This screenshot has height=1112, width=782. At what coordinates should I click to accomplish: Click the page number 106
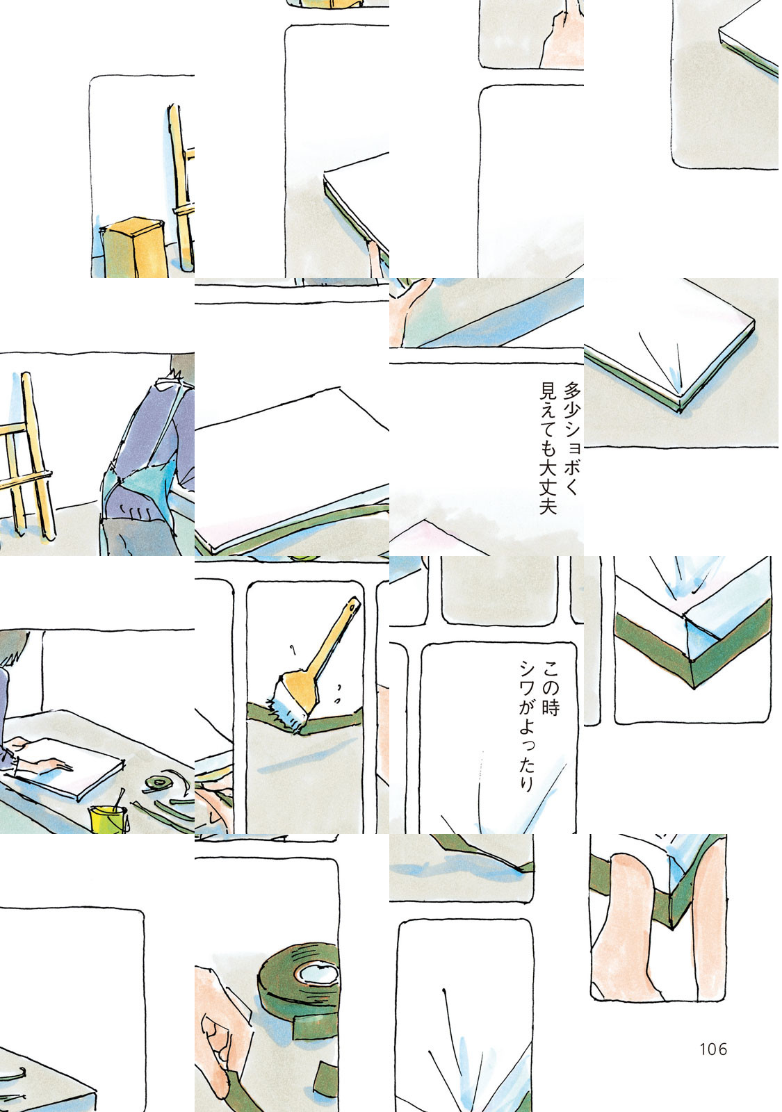(713, 1049)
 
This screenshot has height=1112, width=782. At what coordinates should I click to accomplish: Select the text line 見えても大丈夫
(548, 448)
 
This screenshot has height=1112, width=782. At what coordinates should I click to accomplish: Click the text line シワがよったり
(526, 726)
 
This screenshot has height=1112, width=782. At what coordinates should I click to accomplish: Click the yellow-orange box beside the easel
(133, 247)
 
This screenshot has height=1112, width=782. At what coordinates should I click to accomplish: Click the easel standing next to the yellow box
(181, 188)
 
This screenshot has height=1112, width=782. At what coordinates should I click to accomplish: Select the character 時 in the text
(551, 707)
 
